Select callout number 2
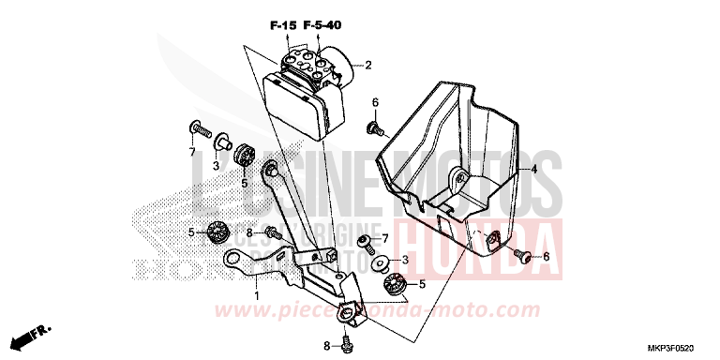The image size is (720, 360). (x=368, y=66)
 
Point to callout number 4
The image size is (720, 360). (x=532, y=170)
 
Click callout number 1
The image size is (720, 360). (x=255, y=295)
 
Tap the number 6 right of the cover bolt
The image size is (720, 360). (x=547, y=256)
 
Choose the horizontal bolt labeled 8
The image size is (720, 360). (x=273, y=232)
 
